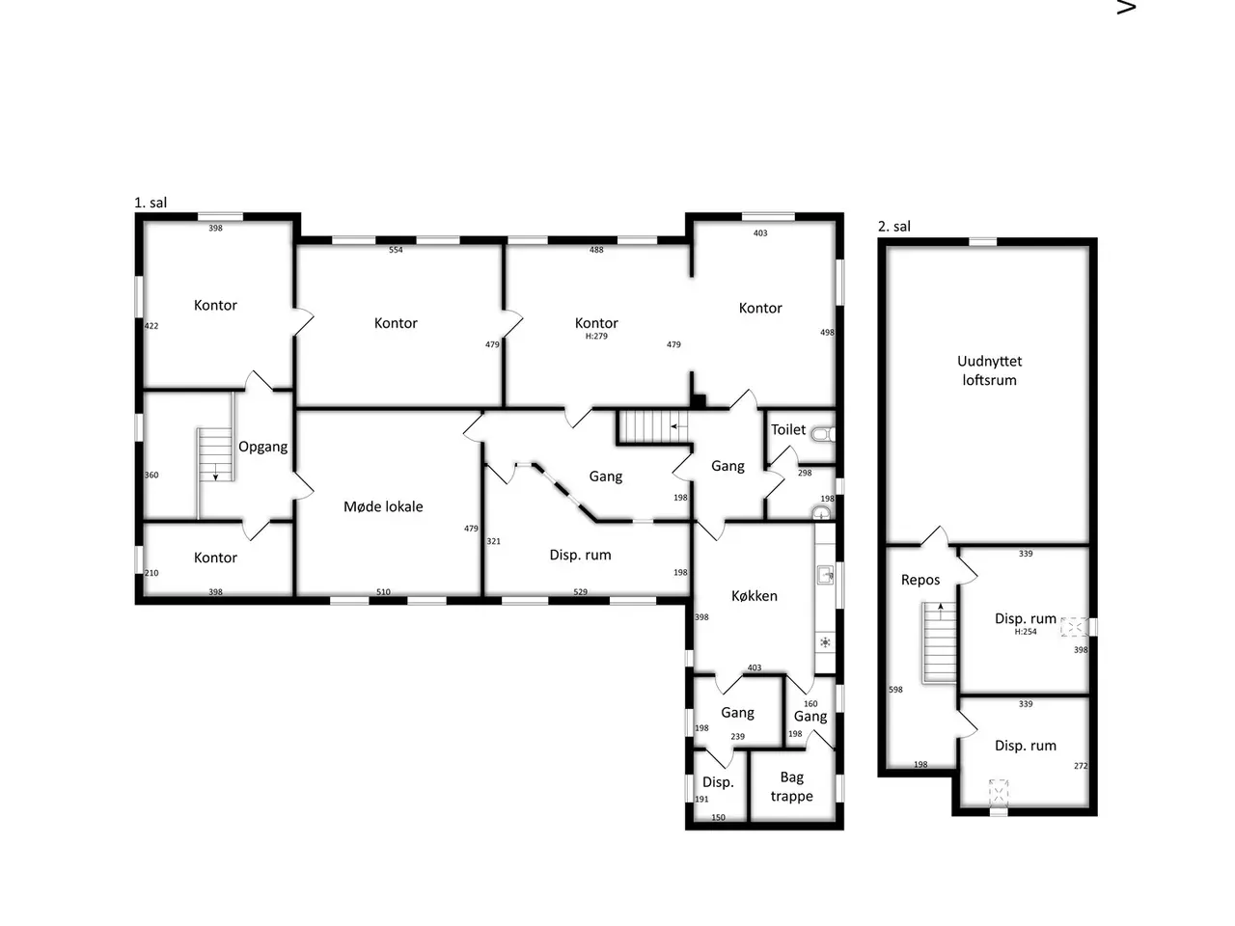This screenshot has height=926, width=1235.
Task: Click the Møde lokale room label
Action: tap(383, 506)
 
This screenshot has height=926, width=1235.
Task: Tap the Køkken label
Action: tap(754, 596)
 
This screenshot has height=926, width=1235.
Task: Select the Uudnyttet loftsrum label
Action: tap(989, 370)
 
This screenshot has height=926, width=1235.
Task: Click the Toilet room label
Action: tap(787, 429)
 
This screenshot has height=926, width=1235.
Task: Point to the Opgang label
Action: tap(262, 447)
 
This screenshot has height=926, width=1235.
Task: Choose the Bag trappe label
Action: tap(791, 786)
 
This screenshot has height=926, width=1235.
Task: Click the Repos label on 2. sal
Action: tap(919, 581)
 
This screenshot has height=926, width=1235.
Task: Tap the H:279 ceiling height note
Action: tap(596, 337)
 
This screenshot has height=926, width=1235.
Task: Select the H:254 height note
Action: tap(1025, 632)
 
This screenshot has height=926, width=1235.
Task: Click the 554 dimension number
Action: tap(396, 250)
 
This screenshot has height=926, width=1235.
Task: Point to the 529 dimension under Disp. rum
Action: tap(580, 591)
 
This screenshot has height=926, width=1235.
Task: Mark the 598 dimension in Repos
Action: tap(895, 690)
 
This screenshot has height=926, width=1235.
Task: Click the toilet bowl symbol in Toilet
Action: tap(824, 434)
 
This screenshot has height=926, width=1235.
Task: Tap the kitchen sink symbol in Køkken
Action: tap(825, 575)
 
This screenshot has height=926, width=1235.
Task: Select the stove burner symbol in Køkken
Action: tap(825, 642)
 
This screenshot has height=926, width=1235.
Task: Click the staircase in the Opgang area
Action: tap(215, 454)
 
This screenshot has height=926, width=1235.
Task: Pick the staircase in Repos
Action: tap(939, 642)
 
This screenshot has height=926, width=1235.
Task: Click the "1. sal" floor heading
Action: tap(151, 203)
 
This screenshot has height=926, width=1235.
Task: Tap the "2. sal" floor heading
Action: tap(894, 227)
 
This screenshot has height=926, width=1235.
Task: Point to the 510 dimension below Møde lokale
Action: tap(383, 591)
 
